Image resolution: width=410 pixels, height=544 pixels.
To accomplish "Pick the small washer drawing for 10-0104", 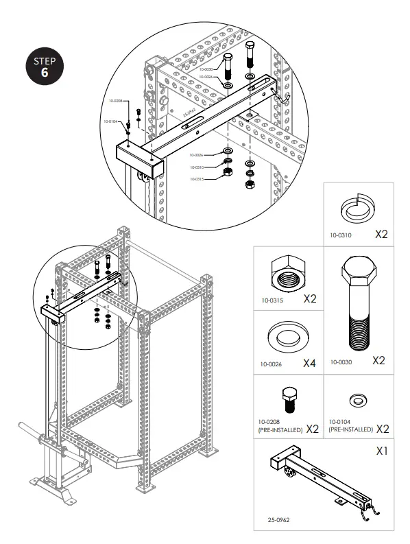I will point(357,399).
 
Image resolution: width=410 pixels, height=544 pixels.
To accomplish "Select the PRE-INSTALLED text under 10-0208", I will point(280,429).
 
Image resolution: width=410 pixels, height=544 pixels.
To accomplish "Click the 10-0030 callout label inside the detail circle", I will point(206,69).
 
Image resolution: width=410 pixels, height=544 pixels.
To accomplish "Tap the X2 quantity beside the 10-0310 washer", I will point(381,234).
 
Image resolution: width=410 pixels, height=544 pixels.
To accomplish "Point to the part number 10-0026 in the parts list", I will point(272,364).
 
